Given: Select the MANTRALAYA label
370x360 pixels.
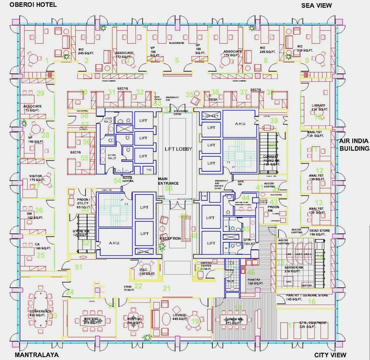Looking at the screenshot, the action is click(x=37, y=355).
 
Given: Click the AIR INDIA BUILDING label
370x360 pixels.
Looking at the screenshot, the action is click(x=354, y=145).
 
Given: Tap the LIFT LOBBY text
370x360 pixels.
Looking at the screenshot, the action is click(x=178, y=149).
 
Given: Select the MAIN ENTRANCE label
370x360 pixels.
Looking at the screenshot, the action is click(x=168, y=181).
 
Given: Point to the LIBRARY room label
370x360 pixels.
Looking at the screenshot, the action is click(x=318, y=106).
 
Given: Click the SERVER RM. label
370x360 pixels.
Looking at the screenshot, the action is click(x=293, y=267).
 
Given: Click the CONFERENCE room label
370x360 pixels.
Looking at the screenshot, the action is click(x=40, y=311).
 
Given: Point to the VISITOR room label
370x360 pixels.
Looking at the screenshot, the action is click(x=36, y=176).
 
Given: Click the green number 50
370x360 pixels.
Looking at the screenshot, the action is click(x=168, y=188).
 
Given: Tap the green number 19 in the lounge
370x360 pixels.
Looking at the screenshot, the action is click(x=195, y=321).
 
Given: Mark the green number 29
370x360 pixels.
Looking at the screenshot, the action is click(x=40, y=93).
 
